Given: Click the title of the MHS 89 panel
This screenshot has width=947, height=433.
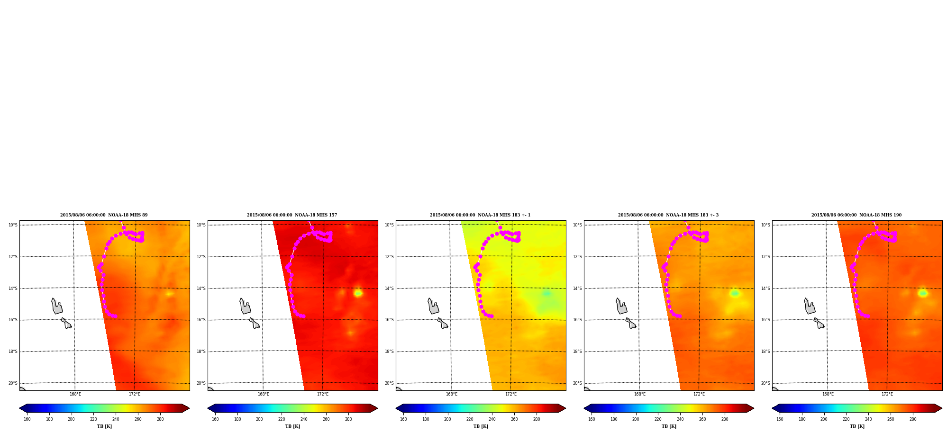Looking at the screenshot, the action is coord(104,215).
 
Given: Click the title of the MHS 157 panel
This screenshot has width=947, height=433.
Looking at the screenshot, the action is coord(292,215).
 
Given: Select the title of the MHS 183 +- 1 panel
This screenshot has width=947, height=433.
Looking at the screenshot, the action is coord(480,215).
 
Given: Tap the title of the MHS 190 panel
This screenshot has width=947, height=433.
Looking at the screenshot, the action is coord(856,215).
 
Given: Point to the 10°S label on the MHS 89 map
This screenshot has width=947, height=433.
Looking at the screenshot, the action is coord(13,225).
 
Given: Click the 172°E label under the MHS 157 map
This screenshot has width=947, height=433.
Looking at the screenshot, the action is coord(323,394).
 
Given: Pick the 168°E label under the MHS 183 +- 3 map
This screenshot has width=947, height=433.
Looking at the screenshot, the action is coord(640,394).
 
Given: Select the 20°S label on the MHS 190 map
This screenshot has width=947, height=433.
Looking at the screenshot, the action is coord(765,383).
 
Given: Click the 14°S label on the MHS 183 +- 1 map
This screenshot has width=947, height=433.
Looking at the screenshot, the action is coord(389,289).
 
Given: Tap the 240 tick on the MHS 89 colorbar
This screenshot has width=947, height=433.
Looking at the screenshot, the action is coord(116,419).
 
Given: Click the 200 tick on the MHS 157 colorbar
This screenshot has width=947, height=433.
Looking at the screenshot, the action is coord(259,419).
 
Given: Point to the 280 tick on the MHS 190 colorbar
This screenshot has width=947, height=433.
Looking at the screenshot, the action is coord(913,419).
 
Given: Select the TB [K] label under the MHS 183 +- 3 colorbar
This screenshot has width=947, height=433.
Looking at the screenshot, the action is coord(669,426).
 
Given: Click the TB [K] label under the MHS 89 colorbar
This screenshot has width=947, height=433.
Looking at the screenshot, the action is coord(104,426).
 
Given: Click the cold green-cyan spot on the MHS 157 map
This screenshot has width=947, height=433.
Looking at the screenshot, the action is coord(358,293).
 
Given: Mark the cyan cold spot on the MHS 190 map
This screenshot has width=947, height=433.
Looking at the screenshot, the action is coord(922,293).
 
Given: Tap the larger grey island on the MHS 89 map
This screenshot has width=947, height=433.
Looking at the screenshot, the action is coord(56,307).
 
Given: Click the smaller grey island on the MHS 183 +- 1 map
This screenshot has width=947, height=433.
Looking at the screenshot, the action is coord(442,324).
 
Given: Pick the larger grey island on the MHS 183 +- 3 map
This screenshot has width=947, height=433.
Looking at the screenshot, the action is coord(621,307).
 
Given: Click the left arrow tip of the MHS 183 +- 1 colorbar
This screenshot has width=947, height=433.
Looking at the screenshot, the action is coord(396,408).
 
